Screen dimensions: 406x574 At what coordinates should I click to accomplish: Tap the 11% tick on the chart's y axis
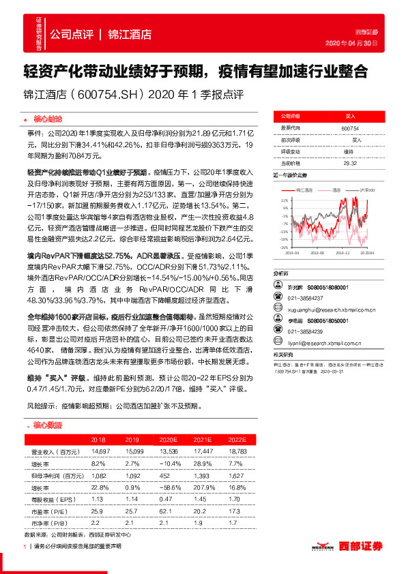coord(284,200)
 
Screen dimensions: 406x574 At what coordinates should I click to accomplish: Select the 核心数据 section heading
coord(46,425)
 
